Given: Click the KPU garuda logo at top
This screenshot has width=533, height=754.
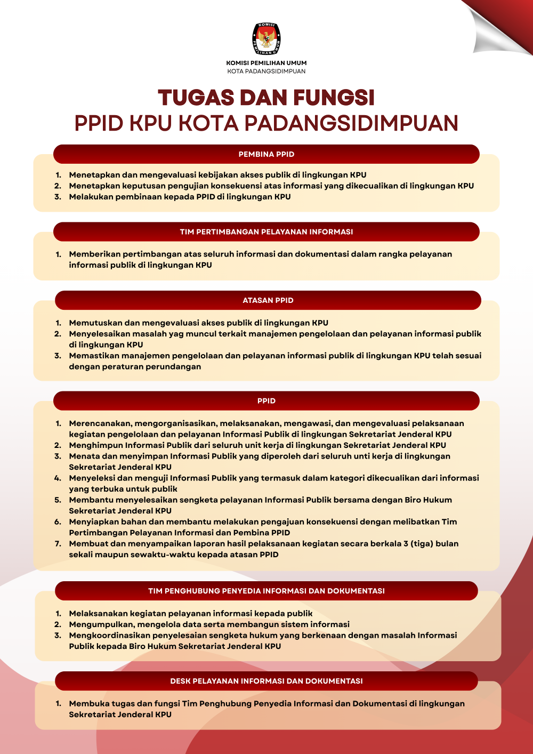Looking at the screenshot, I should coord(266,39).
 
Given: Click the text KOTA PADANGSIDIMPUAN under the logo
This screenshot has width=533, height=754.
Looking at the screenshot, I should coord(266,71).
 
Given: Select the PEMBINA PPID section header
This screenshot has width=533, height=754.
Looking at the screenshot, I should coord(266,154).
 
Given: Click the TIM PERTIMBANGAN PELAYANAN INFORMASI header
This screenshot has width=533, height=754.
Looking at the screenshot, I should coord(266,232).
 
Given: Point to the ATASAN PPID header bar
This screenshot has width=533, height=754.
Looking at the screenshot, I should coord(268,300).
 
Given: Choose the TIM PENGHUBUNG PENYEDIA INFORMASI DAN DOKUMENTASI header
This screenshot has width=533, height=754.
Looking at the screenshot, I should coord(266,591).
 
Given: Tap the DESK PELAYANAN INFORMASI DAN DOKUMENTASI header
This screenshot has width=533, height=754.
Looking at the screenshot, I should coord(266,681).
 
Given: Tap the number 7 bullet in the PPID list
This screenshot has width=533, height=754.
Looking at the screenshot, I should coord(58,544).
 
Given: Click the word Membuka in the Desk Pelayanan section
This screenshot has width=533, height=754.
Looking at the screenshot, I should coord(87,704).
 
